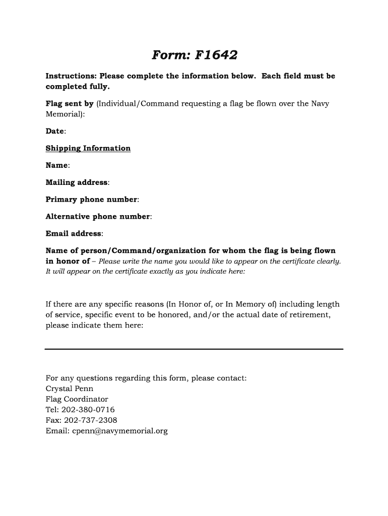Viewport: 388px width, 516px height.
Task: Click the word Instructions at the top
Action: click(71, 76)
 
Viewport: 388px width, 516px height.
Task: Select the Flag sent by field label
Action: click(70, 104)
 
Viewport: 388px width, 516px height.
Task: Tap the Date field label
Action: click(55, 131)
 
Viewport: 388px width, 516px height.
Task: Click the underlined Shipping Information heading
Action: click(88, 148)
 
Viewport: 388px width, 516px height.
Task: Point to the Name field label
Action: click(57, 165)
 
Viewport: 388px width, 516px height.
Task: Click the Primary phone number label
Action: click(91, 200)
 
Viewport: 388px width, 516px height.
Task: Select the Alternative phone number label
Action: click(98, 217)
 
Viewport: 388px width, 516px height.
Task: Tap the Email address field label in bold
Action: click(74, 234)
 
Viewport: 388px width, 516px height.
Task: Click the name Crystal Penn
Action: click(70, 389)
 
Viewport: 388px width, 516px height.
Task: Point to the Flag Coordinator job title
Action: click(77, 399)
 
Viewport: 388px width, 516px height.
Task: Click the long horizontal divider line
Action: click(194, 349)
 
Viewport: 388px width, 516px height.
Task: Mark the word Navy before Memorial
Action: click(320, 104)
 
